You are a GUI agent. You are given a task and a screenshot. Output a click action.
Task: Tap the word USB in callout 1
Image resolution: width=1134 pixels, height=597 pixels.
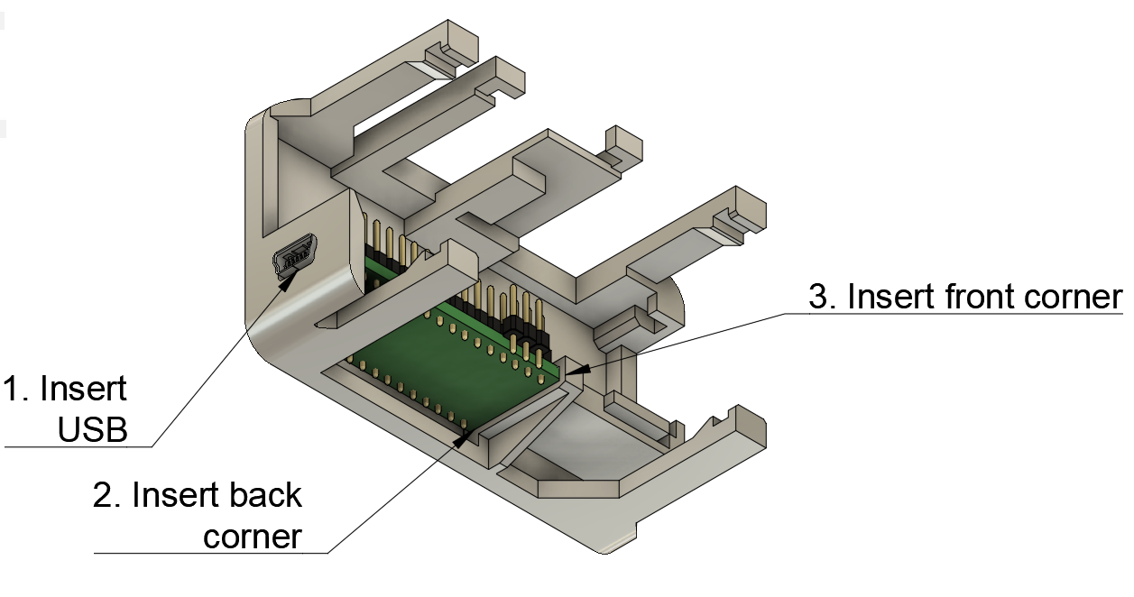[92, 430]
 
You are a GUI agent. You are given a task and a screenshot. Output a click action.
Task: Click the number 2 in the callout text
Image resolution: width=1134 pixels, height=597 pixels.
[103, 495]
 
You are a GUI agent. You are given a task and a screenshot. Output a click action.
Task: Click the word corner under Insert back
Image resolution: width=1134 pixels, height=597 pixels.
[252, 537]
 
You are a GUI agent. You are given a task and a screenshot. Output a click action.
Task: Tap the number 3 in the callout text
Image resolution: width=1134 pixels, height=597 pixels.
[817, 297]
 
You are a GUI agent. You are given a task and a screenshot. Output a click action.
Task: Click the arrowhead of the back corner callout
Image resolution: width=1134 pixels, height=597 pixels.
[466, 437]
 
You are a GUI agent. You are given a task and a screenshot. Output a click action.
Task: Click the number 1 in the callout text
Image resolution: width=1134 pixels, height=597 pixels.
[13, 389]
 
